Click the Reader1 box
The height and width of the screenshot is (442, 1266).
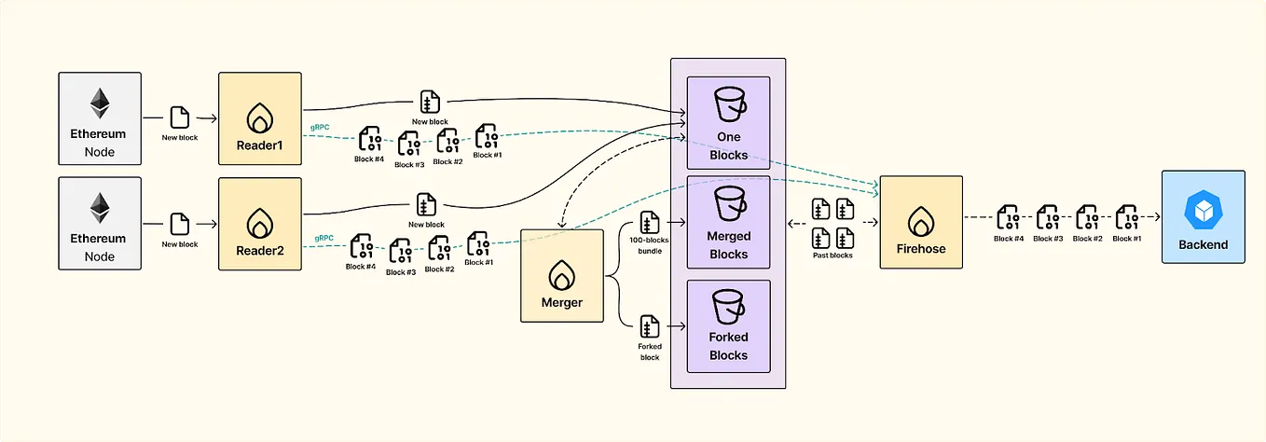pyautogui.click(x=260, y=118)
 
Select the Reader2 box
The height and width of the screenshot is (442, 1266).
pyautogui.click(x=260, y=224)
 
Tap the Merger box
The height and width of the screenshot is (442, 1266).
pyautogui.click(x=561, y=275)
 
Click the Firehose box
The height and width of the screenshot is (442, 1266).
pyautogui.click(x=921, y=222)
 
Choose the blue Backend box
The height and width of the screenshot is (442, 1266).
pyautogui.click(x=1203, y=216)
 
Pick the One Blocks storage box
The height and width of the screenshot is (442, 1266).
pyautogui.click(x=728, y=123)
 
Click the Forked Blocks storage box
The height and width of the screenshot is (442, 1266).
pyautogui.click(x=728, y=326)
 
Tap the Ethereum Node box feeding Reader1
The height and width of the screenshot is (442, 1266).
pyautogui.click(x=100, y=118)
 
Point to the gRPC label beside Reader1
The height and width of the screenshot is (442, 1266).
pyautogui.click(x=321, y=127)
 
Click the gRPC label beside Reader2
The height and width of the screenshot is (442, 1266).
pyautogui.click(x=324, y=239)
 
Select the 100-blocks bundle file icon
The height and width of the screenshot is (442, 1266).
pyautogui.click(x=650, y=224)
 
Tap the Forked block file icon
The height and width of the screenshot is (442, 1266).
pyautogui.click(x=650, y=327)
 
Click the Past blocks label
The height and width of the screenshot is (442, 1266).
pyautogui.click(x=833, y=255)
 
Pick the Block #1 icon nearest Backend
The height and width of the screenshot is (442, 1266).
pyautogui.click(x=1127, y=217)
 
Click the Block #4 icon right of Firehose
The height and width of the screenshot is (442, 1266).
pyautogui.click(x=1008, y=217)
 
